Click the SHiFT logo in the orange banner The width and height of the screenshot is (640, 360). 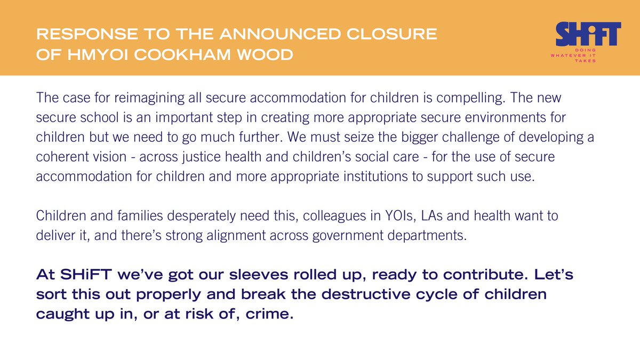[588, 34]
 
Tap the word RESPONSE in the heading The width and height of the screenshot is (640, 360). [87, 34]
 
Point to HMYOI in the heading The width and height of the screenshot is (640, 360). [98, 54]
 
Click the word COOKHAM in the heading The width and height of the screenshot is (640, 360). [182, 54]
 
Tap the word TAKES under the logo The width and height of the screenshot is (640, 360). [585, 61]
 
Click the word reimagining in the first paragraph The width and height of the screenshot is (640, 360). [149, 98]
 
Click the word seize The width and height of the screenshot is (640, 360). [359, 137]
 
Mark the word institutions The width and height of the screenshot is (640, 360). [375, 177]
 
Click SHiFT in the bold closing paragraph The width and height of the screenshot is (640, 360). [86, 274]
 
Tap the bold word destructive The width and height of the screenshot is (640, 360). [366, 294]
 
